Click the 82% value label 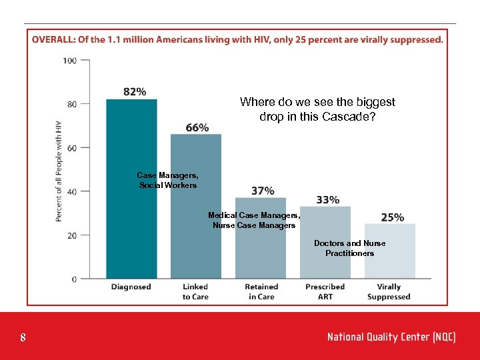(135, 92)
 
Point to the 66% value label (197, 127)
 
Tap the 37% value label (263, 191)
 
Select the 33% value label (327, 199)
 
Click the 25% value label (392, 217)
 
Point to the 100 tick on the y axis (69, 61)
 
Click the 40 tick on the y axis (72, 191)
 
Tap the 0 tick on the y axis (74, 279)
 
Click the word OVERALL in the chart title (53, 40)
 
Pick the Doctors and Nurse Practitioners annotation (349, 249)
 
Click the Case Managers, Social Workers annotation (168, 180)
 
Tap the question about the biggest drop (317, 109)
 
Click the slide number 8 (23, 338)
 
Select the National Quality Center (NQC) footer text (391, 337)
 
